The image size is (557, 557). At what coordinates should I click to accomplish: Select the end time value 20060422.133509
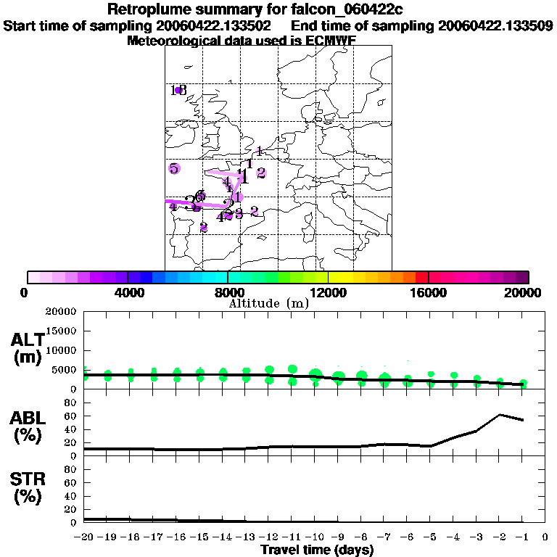tap(495, 25)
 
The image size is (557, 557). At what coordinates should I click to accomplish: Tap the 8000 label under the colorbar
tap(227, 292)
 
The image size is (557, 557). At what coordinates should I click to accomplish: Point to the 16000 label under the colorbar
tap(429, 292)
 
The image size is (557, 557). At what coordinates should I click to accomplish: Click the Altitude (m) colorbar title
tap(268, 303)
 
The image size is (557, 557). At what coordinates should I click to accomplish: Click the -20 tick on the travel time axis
tap(84, 537)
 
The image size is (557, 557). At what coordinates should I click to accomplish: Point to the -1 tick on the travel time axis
tap(522, 537)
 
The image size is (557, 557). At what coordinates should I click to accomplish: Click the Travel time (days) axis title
tap(317, 550)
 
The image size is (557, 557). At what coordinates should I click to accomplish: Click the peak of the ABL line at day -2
tap(500, 415)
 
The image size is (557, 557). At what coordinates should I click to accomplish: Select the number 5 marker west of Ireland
tap(174, 168)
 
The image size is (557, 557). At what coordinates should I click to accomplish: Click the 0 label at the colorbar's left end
tap(25, 292)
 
